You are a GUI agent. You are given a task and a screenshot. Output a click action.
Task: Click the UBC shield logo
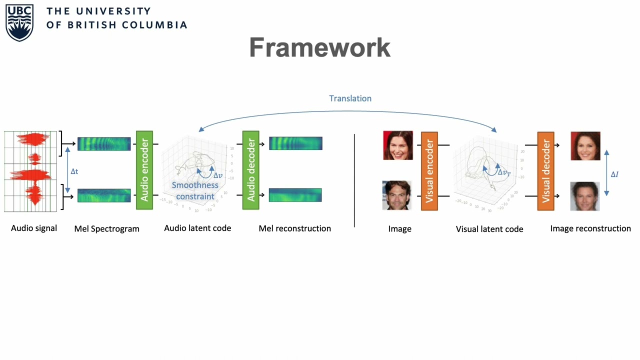click(x=19, y=23)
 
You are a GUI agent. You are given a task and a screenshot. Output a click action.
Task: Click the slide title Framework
click(x=319, y=47)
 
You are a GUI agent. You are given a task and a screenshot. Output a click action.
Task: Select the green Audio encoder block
click(x=144, y=170)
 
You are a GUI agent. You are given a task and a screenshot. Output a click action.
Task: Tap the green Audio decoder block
click(x=250, y=170)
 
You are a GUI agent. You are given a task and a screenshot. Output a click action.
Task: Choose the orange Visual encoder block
click(x=429, y=171)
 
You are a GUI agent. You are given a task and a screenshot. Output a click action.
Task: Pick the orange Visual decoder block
click(x=545, y=171)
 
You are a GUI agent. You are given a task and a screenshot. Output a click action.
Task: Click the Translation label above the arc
click(x=350, y=98)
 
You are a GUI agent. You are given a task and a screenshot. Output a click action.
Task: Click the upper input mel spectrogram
click(x=104, y=144)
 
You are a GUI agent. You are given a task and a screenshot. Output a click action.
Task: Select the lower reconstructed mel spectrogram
click(x=295, y=195)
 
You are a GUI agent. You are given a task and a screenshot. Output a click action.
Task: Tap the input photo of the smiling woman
click(x=398, y=145)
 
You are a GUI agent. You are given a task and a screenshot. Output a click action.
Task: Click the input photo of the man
click(x=397, y=195)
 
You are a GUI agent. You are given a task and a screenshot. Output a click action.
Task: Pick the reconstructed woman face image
click(x=585, y=146)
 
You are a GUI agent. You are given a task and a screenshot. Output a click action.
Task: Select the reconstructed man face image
click(x=584, y=196)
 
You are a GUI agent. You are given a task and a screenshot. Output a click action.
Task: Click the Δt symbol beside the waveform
click(x=74, y=171)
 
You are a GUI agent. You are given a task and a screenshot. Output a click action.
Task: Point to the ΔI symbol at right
click(x=614, y=174)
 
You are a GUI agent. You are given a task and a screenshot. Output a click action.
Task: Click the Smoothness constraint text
click(x=195, y=190)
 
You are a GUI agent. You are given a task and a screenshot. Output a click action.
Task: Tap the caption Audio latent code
click(x=197, y=228)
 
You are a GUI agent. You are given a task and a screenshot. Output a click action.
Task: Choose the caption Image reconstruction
click(x=590, y=228)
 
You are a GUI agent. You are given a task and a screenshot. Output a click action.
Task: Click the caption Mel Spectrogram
click(x=106, y=229)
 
